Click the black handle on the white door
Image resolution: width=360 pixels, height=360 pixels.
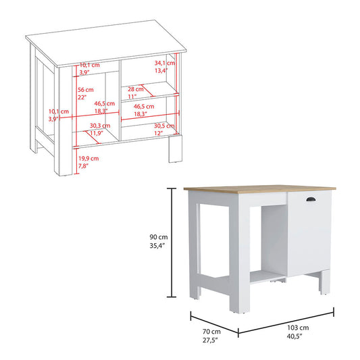tap(311, 199)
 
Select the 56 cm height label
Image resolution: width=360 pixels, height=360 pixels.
tap(86, 90)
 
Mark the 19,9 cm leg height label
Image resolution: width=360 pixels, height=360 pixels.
tap(88, 159)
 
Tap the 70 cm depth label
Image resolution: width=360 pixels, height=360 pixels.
tap(211, 332)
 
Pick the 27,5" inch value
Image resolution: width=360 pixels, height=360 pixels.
tap(211, 340)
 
